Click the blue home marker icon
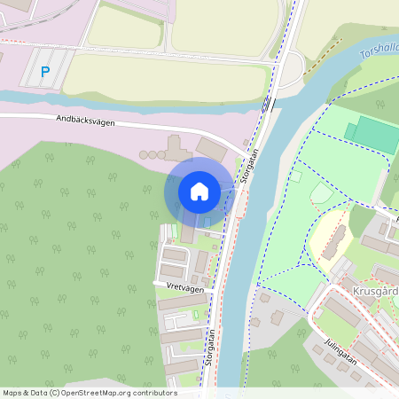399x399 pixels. click(x=199, y=191)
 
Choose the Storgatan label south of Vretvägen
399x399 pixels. click(x=211, y=348)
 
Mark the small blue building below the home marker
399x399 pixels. click(x=207, y=222)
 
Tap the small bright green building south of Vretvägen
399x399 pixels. click(x=197, y=316)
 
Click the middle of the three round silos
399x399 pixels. click(x=152, y=155)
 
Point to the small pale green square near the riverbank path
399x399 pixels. click(x=295, y=176)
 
